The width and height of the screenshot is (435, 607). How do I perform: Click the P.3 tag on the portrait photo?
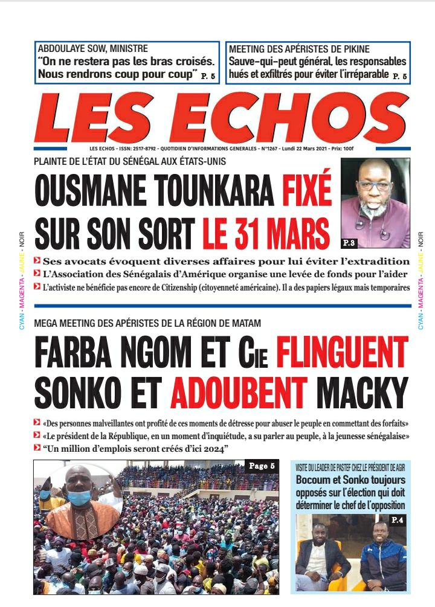(x=349, y=243)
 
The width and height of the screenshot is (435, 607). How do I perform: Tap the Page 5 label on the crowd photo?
(x=261, y=466)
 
